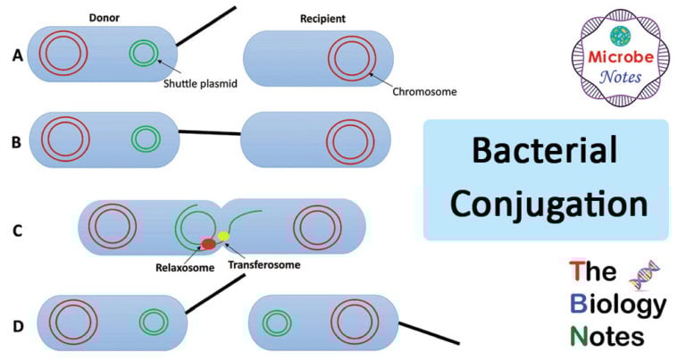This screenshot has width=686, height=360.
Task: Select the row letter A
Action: point(17,55)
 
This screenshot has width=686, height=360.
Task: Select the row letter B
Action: point(17,139)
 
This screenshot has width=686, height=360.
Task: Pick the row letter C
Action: point(17,230)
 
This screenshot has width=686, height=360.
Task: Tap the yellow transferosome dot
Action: point(223,237)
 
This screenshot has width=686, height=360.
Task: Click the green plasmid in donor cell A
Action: point(142,53)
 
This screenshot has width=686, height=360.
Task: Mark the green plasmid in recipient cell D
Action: point(276,321)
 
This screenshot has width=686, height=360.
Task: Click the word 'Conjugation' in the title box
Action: point(548,204)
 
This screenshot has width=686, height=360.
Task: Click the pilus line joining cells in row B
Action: point(211,134)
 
